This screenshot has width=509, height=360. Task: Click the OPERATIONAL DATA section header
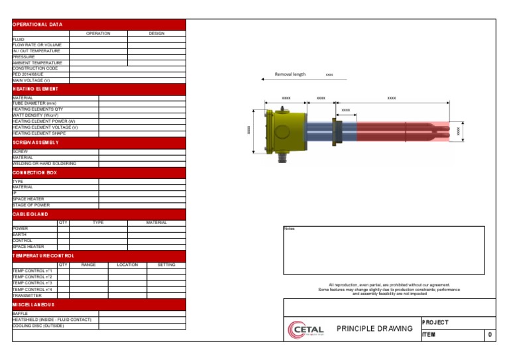click(37, 25)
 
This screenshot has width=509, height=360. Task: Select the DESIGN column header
click(156, 33)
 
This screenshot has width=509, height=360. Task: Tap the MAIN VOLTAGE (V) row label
click(31, 80)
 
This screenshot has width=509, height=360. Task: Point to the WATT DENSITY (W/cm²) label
click(35, 115)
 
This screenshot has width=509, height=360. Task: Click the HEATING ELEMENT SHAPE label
click(39, 133)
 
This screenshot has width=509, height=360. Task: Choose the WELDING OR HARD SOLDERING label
click(44, 163)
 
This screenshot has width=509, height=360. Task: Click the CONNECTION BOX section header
click(34, 172)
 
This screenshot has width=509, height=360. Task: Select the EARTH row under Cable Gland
click(20, 234)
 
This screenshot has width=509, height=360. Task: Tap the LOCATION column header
click(127, 265)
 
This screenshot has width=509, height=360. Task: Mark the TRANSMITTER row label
click(27, 296)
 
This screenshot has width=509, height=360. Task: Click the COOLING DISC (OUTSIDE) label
click(42, 326)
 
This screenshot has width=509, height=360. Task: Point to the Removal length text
click(290, 74)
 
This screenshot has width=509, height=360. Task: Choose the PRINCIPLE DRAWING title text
click(374, 329)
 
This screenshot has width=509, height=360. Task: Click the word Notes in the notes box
click(289, 229)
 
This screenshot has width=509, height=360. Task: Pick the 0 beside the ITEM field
click(489, 335)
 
